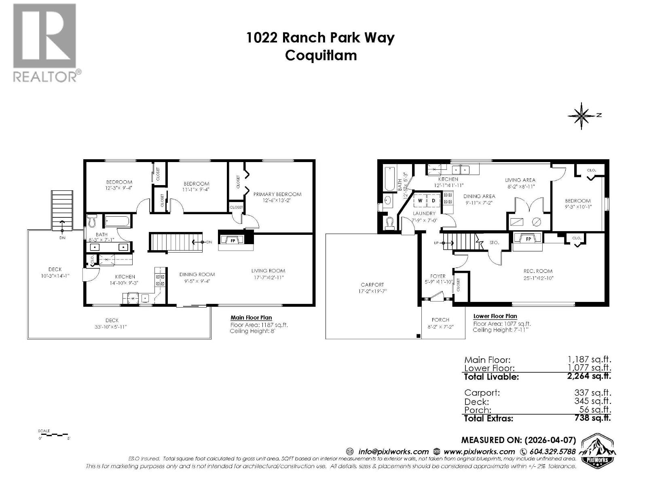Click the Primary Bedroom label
click(277, 194)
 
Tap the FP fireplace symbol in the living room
click(233, 240)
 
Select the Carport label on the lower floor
click(372, 285)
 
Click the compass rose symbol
click(581, 116)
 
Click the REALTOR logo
click(45, 42)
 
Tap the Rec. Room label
click(538, 271)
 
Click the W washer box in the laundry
click(420, 200)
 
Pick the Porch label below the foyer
click(440, 320)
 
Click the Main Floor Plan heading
click(251, 318)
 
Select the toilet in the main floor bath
click(91, 221)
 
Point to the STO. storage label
click(494, 242)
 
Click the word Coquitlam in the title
click(321, 55)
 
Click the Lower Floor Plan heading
click(495, 316)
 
